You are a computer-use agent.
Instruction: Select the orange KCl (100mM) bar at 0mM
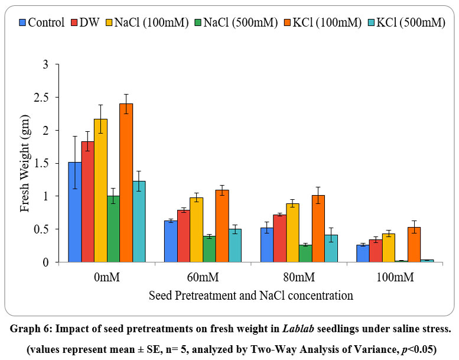coord(126,183)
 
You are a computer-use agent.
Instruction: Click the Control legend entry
coord(42,22)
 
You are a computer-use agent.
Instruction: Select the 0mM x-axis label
coord(106,276)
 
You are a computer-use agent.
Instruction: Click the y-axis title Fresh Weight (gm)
coord(24,163)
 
